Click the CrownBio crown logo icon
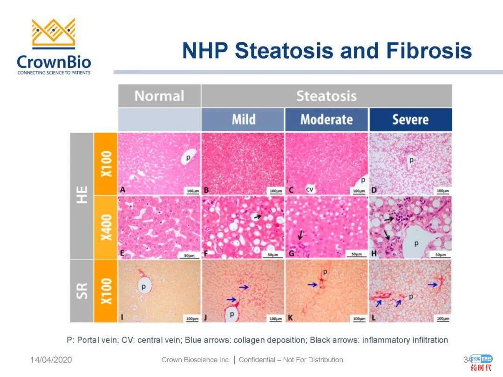coord(54,34)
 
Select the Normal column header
coord(159,96)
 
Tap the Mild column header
coord(243,120)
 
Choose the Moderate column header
coord(326,120)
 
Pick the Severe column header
coord(410,120)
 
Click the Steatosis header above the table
coord(326,96)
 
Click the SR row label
coord(82,290)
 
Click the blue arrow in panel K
coord(313,284)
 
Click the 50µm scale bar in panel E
coord(190,254)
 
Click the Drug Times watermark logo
coord(481,362)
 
